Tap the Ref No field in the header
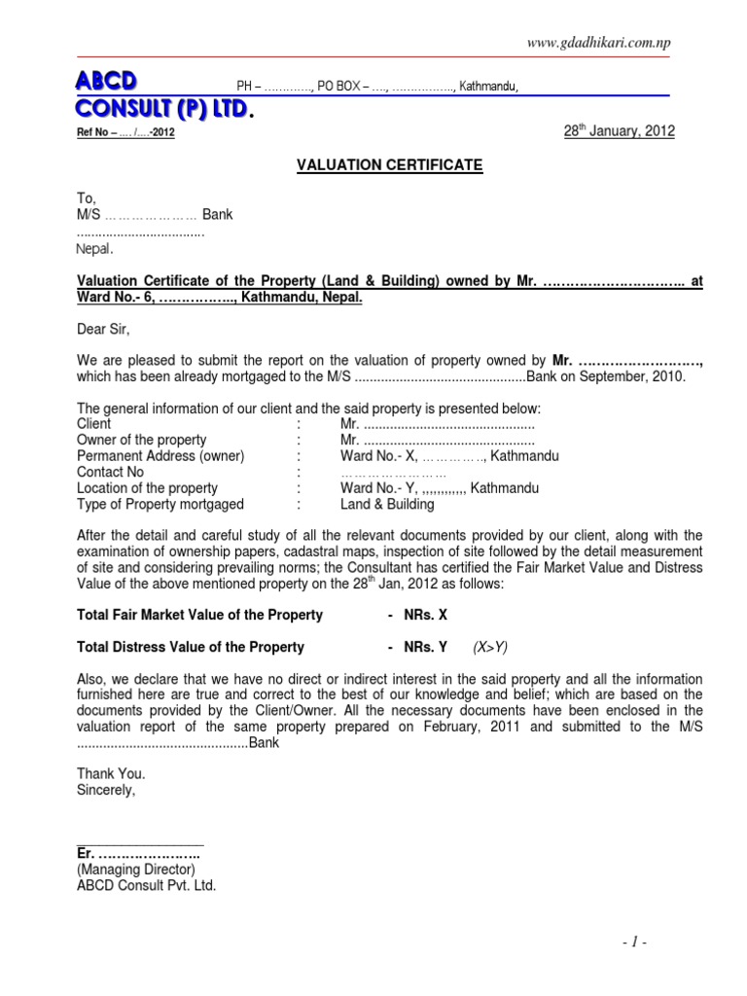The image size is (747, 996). coord(125,134)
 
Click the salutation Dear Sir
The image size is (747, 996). coord(103,330)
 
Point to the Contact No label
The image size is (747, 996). coord(110,472)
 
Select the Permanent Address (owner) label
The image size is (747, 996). coord(160,456)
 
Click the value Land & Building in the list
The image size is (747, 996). coord(387,505)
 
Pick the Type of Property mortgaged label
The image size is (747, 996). coord(160,505)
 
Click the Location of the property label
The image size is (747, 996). coord(147,488)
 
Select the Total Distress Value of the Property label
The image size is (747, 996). coord(191,647)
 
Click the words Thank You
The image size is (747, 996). coord(111,774)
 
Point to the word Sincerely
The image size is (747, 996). coord(107,790)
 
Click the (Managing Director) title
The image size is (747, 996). coord(136,870)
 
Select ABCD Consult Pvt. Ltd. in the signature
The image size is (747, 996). coord(147,886)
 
